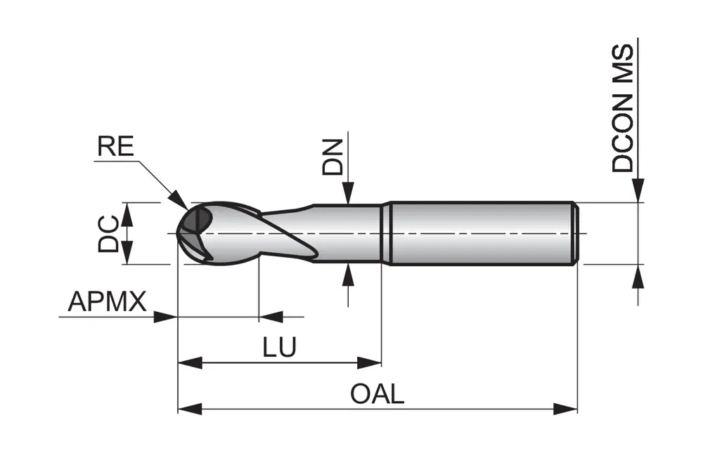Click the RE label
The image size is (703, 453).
115,147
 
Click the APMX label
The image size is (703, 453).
107,302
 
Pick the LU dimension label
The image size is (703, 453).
279,348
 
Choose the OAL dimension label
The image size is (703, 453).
378,394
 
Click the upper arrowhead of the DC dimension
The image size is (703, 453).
127,212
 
